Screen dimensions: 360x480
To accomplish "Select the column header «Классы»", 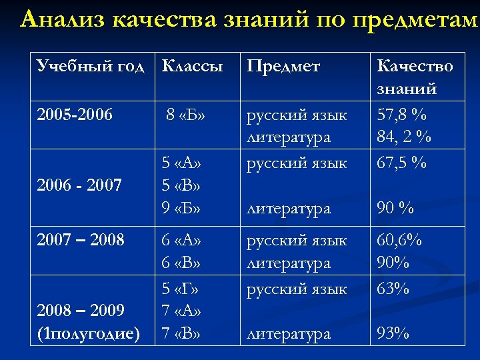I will tap(192, 66).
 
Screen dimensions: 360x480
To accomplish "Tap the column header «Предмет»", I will tap(283, 66).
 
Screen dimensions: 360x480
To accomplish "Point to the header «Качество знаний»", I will tap(415, 77).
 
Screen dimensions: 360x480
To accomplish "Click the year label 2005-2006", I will tap(74, 115).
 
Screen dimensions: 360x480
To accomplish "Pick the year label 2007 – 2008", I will tap(80, 239).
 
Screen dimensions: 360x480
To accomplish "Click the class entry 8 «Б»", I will tap(185, 115).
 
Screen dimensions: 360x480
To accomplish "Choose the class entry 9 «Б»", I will tap(182, 208).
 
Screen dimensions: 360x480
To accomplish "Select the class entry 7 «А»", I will tap(182, 311).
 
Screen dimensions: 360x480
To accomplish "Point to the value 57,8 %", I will tap(402, 115).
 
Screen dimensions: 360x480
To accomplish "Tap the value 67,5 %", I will tap(402, 163).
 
